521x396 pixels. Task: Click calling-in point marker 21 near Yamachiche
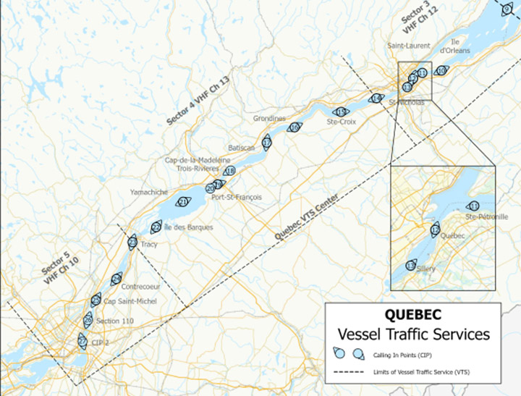point(183,202)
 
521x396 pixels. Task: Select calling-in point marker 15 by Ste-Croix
point(341,111)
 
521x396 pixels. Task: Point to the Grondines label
point(270,118)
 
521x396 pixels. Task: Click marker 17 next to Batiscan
point(266,143)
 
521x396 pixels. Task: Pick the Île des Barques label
point(189,227)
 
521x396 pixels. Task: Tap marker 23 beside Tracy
point(132,243)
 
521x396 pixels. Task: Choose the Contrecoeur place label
point(143,286)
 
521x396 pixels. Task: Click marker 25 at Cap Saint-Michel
point(96,300)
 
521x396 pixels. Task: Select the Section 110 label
point(114,321)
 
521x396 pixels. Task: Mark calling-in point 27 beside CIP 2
point(82,341)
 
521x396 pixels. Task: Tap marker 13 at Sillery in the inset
point(410,266)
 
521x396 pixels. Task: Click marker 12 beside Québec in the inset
point(435,230)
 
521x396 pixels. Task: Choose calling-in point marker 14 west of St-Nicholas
point(376,98)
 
